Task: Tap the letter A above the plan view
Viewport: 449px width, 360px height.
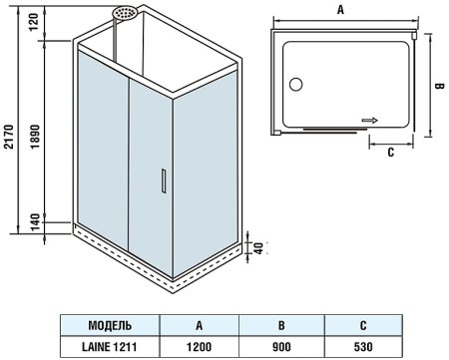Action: [x=340, y=9]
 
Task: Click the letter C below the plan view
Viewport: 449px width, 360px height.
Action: [x=390, y=153]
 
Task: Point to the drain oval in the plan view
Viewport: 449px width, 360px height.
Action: [x=296, y=85]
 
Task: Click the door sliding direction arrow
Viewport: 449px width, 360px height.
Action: [x=370, y=120]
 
